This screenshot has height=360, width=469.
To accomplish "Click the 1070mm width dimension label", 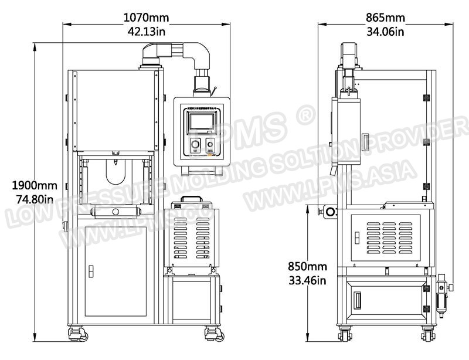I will tap(145, 17).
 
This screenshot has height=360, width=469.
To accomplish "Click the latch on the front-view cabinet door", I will tap(90, 271).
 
